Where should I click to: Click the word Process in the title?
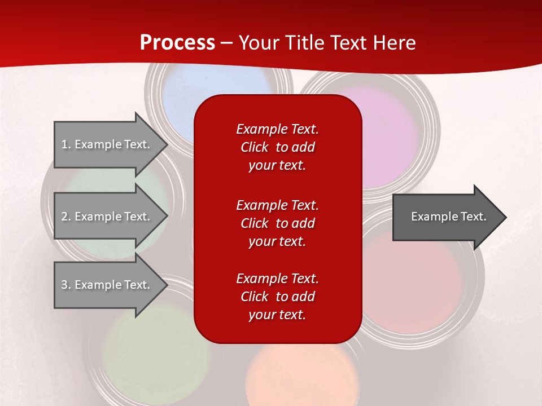[x=177, y=43]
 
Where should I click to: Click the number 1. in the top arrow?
[x=65, y=144]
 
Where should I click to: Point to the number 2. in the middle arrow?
[x=65, y=217]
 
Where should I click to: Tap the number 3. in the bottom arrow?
[x=65, y=285]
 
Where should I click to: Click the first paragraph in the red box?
[x=277, y=147]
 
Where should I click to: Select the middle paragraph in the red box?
[x=277, y=223]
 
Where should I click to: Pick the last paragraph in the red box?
[x=277, y=297]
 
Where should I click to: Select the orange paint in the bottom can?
[x=299, y=378]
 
